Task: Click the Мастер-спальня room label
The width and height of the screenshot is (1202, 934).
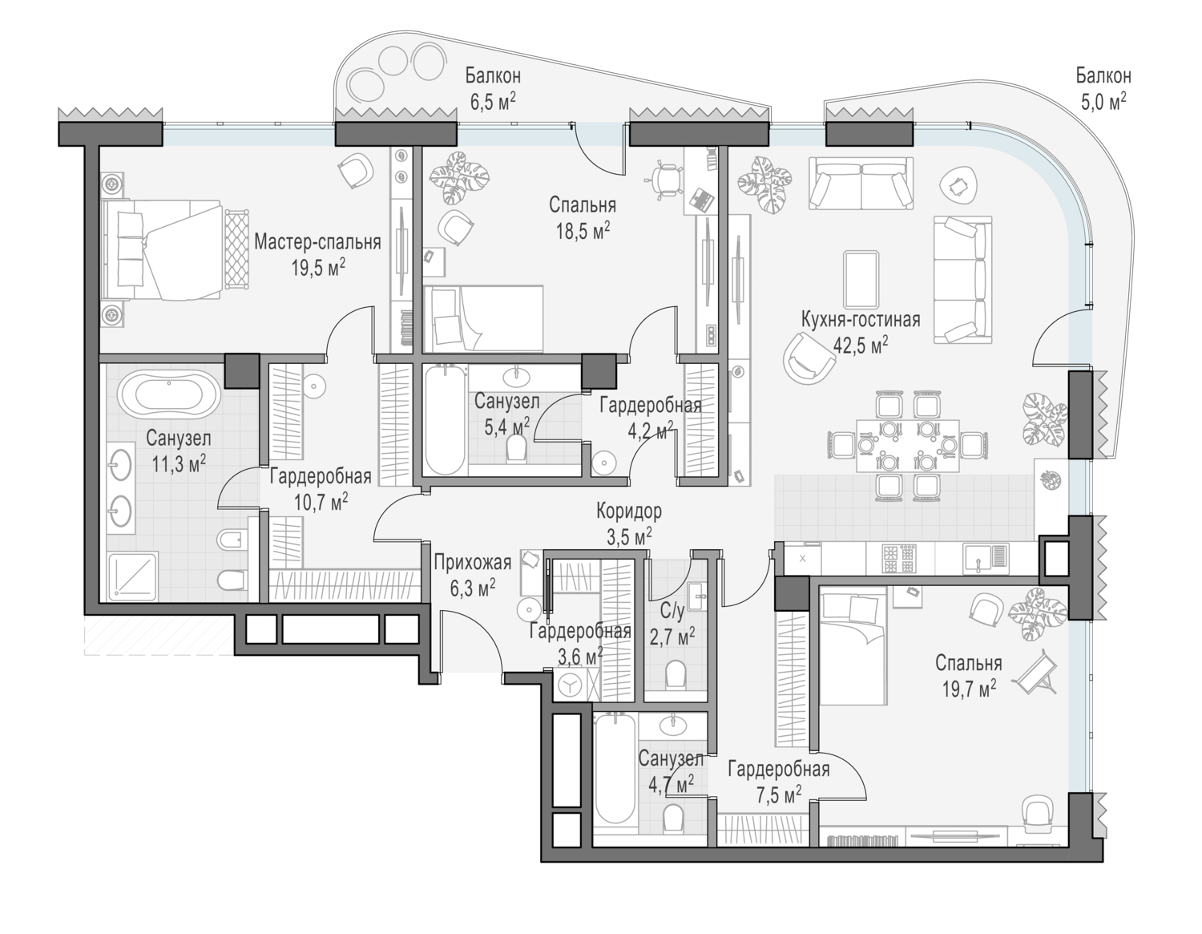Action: point(317,242)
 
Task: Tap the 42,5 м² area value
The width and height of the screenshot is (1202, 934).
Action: point(860,346)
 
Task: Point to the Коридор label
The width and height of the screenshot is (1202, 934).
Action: point(629,511)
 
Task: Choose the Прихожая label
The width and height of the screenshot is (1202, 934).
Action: point(473,562)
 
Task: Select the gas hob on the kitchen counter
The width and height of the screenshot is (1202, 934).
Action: point(899,559)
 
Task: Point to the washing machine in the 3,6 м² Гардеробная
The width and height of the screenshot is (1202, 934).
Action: point(569,686)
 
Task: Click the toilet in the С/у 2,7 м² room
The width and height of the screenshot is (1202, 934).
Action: point(675,674)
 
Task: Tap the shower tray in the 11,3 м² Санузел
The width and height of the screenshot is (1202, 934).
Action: point(133,576)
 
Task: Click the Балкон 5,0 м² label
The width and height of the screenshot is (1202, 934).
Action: point(1103,88)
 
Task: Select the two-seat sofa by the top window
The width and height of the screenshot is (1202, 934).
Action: point(861,183)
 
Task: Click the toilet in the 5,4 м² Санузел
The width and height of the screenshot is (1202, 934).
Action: point(517,447)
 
